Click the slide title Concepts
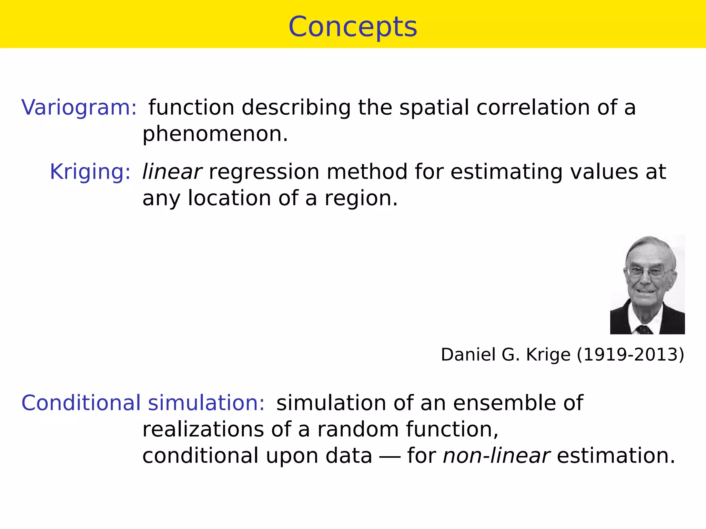point(353,27)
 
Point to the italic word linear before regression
point(172,172)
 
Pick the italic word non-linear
point(496,455)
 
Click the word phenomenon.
point(215,134)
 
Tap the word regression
point(264,172)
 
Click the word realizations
point(203,429)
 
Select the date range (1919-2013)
point(631,354)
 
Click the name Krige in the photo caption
point(548,355)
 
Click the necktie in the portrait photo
point(644,330)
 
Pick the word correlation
point(533,107)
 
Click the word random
point(357,429)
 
